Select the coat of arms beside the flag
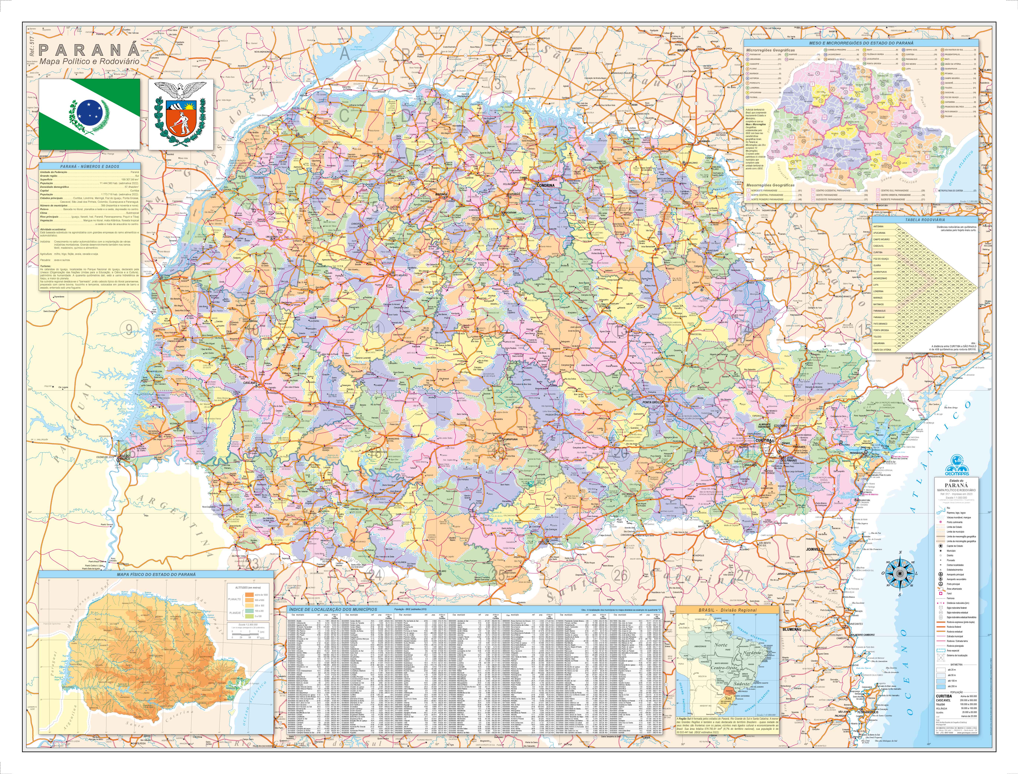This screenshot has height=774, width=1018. tap(181, 114)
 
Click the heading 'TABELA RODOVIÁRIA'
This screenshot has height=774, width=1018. tap(925, 220)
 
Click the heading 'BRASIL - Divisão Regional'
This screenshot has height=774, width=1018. tap(727, 610)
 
